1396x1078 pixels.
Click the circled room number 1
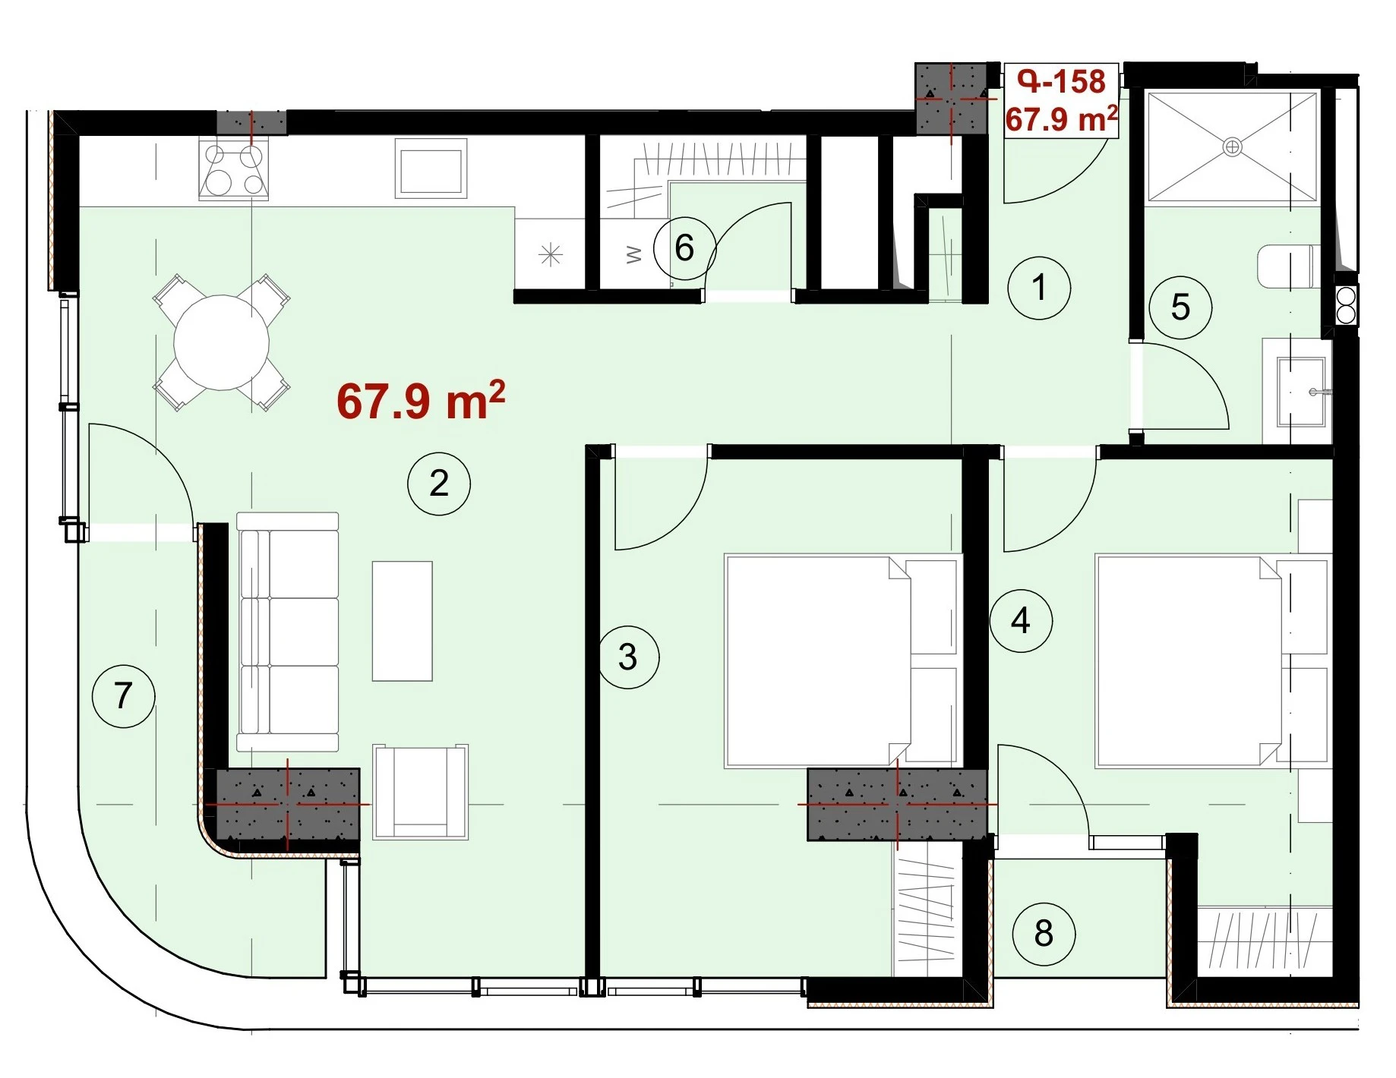(1039, 288)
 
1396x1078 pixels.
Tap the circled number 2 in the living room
(439, 484)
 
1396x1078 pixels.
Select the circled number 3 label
(628, 657)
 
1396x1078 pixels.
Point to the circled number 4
(1021, 621)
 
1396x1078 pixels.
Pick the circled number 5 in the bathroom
(1180, 307)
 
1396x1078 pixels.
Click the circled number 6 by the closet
(684, 248)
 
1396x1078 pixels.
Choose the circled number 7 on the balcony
(123, 695)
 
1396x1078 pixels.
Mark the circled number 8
(1044, 933)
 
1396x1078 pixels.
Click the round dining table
(221, 342)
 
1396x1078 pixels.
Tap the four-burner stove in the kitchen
(233, 169)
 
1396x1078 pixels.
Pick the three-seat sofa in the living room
(287, 632)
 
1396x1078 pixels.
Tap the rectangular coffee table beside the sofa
(402, 621)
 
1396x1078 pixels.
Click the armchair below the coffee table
(420, 792)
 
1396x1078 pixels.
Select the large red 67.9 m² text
(421, 400)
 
